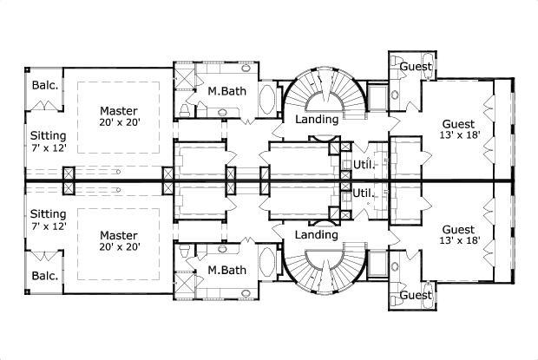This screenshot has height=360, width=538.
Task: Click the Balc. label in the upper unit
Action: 45,85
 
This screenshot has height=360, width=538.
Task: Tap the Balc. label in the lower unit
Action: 45,276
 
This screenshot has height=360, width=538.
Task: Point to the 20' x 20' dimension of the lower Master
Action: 120,248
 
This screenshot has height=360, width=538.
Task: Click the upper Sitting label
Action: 48,136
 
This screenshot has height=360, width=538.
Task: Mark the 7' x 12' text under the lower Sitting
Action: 48,226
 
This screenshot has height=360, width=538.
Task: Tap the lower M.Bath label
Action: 225,270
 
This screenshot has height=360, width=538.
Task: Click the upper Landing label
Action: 316,119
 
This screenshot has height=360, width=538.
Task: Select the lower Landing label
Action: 316,235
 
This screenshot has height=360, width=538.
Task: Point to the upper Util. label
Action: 364,164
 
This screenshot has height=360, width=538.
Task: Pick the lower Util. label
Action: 364,192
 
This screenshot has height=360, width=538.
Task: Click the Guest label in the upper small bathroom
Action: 417,66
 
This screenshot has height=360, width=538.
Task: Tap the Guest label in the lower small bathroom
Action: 417,296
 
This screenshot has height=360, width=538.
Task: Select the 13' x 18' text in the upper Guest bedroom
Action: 457,136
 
